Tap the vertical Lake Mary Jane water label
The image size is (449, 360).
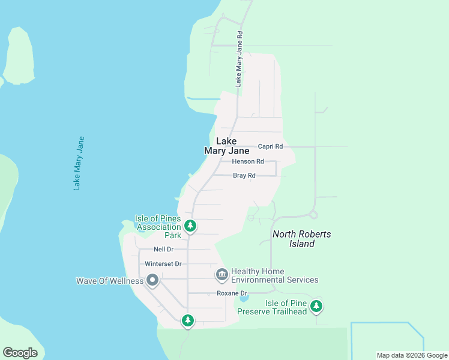(79, 164)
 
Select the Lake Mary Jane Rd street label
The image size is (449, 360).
(238, 59)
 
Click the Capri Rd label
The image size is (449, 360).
(270, 146)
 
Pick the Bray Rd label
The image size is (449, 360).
(244, 176)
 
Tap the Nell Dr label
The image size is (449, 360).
(163, 249)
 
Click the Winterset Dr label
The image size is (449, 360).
(163, 264)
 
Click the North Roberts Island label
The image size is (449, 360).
(301, 239)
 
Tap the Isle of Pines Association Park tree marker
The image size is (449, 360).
(190, 226)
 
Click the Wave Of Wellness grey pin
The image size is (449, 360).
(152, 280)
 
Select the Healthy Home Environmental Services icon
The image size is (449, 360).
(221, 275)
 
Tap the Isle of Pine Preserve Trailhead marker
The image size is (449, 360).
(316, 307)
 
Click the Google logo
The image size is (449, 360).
(20, 353)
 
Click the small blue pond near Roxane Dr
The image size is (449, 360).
(243, 298)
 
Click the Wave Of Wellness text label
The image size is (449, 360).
(110, 281)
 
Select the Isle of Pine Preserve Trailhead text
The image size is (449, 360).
(272, 307)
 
